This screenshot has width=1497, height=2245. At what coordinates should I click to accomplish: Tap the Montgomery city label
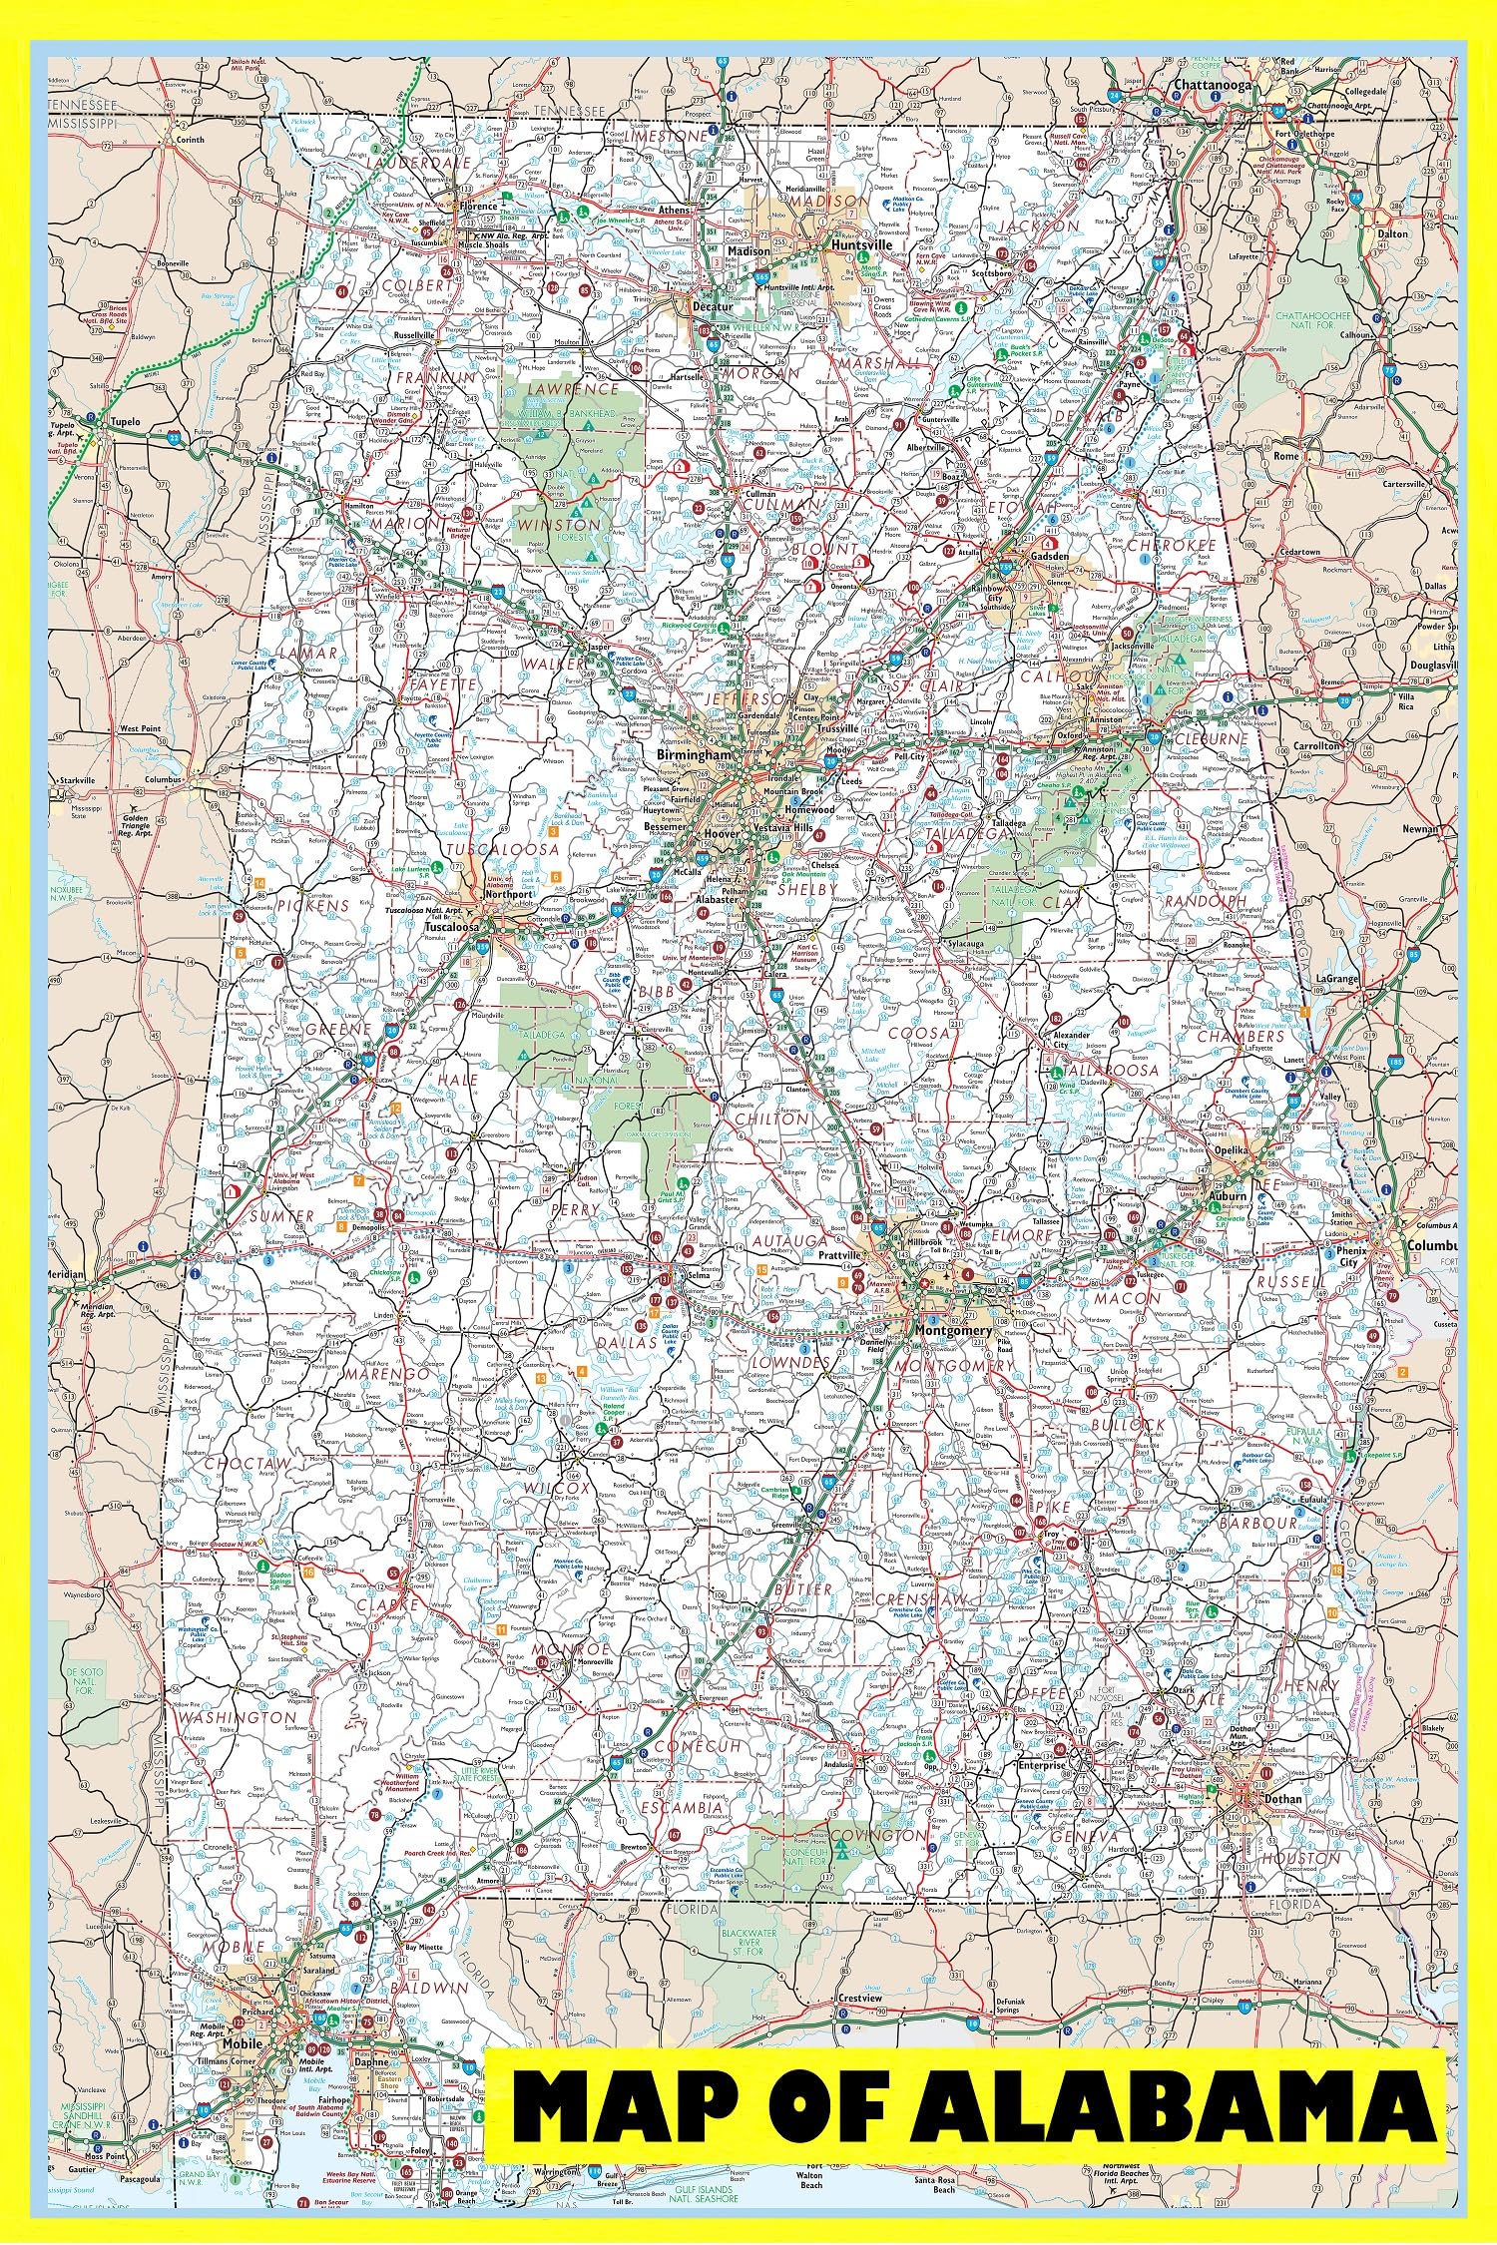[x=957, y=1331]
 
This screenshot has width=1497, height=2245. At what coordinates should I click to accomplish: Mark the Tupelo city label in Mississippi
[x=126, y=422]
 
